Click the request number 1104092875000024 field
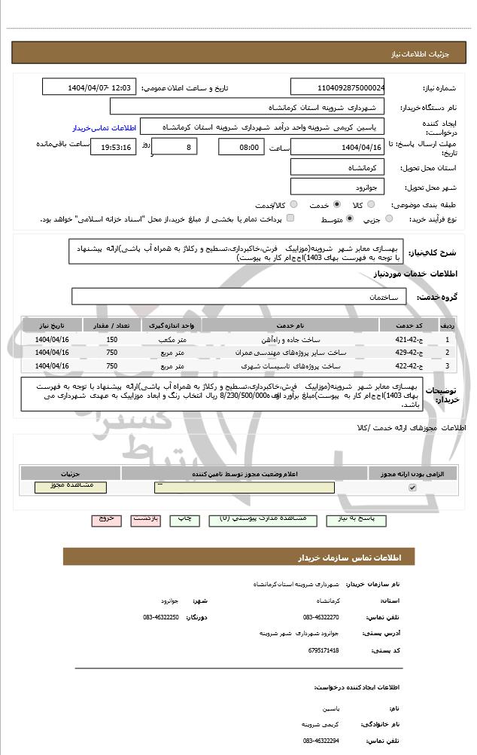(x=337, y=87)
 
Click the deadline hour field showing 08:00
(x=242, y=147)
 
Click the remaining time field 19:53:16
(x=113, y=147)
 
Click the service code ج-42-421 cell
(x=409, y=340)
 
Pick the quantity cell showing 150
(x=112, y=340)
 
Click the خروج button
(x=105, y=519)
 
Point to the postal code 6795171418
(x=324, y=650)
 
